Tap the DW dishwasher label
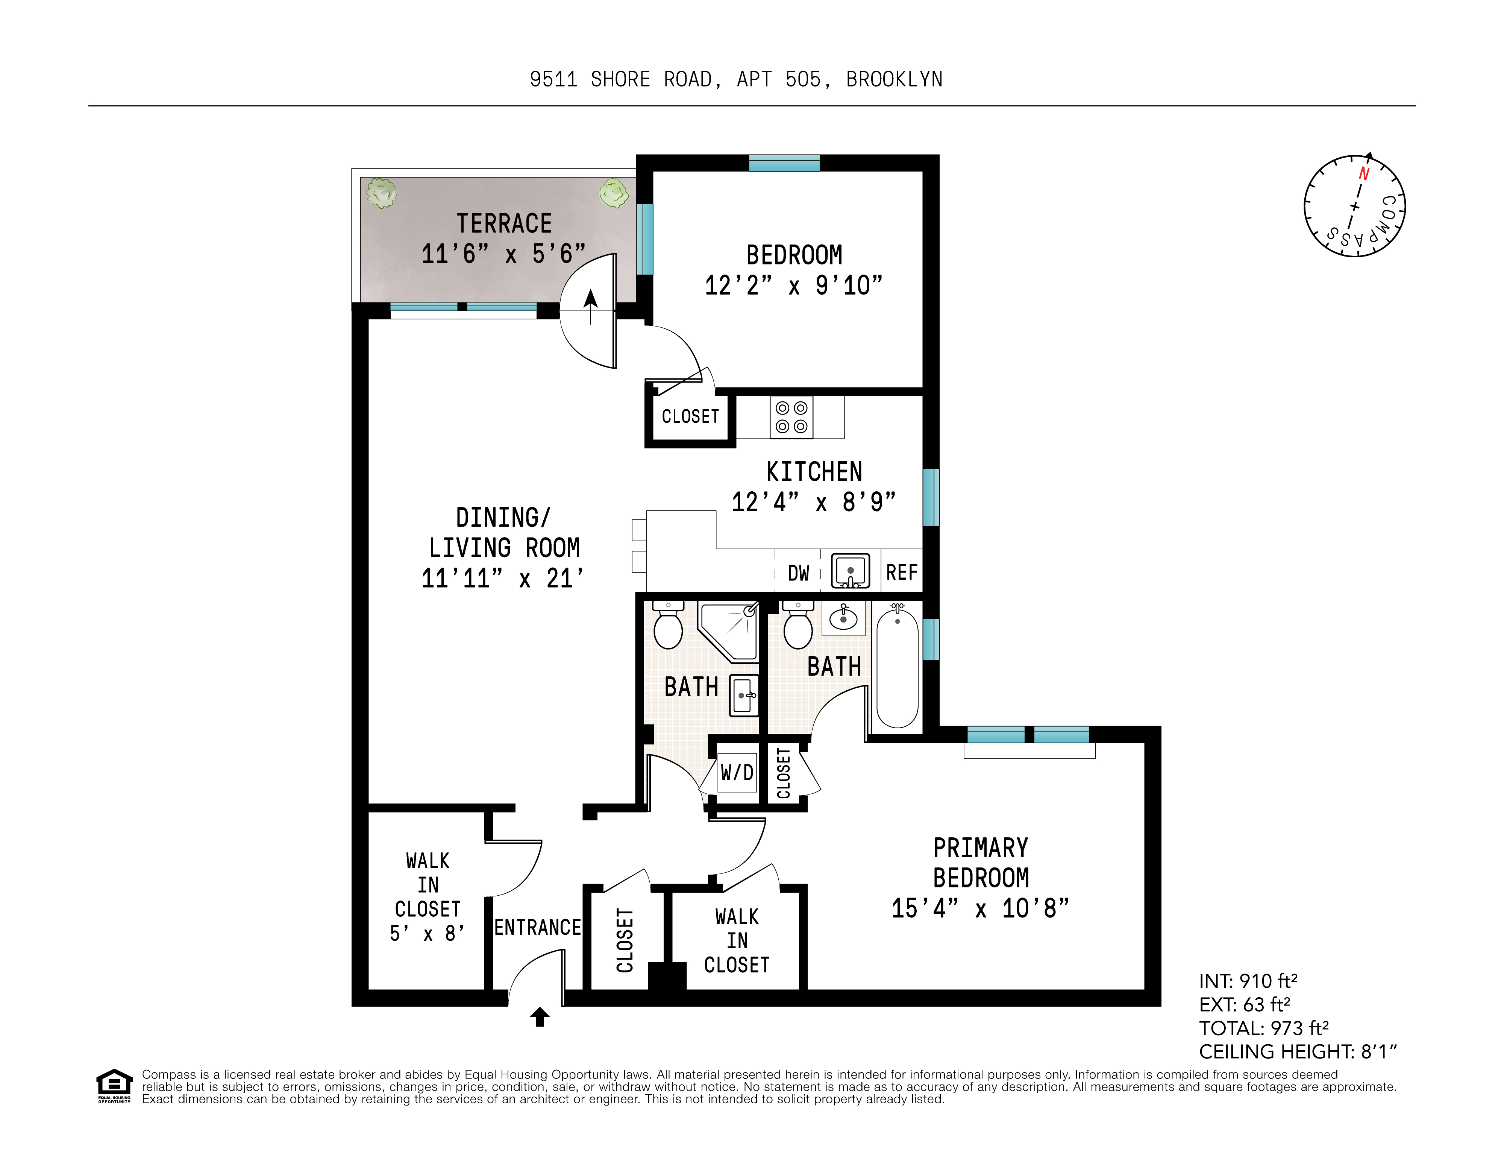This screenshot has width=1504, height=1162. (798, 573)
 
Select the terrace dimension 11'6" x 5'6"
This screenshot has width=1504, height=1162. (503, 254)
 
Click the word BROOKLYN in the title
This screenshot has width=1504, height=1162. (894, 80)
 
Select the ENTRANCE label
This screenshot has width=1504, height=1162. (537, 928)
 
